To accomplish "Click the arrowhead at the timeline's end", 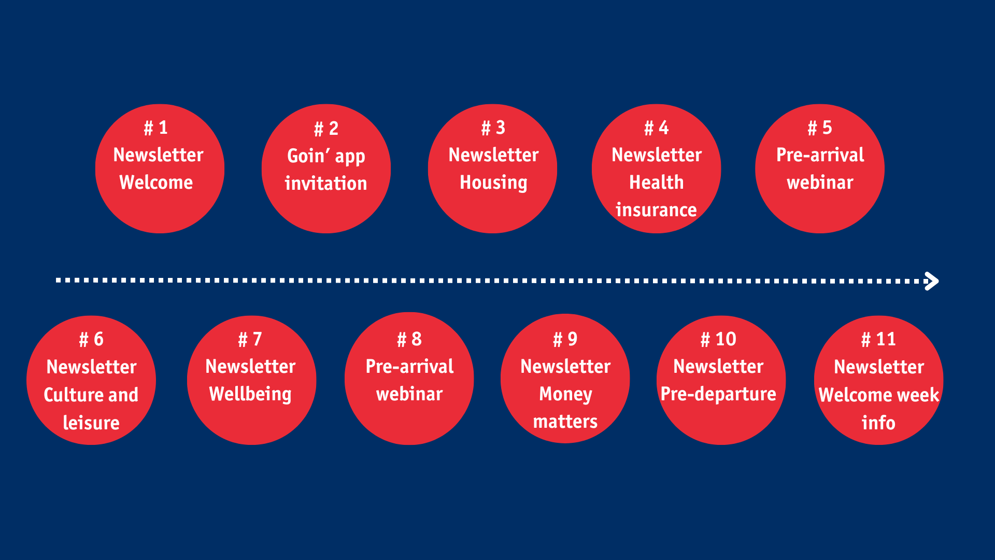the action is click(x=933, y=281).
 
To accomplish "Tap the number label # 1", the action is click(x=156, y=128).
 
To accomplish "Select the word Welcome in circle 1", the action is click(x=156, y=183).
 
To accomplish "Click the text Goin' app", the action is click(x=326, y=156).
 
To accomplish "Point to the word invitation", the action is click(x=326, y=184).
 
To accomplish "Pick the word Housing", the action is click(x=493, y=183).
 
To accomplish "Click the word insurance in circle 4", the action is click(x=656, y=210).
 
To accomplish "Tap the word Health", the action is click(x=657, y=183).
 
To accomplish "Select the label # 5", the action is click(x=820, y=128).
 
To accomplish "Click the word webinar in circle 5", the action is click(x=820, y=183).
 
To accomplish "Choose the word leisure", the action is click(x=91, y=423).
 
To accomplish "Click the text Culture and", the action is click(x=91, y=395).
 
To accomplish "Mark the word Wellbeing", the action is click(x=250, y=395).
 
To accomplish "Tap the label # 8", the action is click(x=409, y=339).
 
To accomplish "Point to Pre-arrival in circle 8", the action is click(x=409, y=367).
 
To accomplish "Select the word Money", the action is click(x=565, y=395).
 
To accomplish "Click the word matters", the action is click(x=565, y=422).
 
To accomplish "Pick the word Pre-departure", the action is click(x=718, y=395).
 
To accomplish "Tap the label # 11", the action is click(x=878, y=339).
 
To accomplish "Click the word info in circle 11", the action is click(x=878, y=423).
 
